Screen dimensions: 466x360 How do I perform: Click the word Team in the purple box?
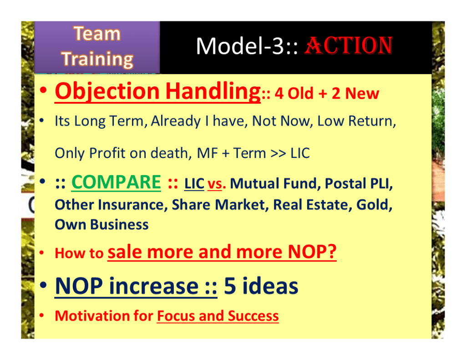(97, 33)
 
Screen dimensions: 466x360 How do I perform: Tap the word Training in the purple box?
(97, 59)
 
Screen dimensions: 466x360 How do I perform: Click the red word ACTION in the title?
(349, 46)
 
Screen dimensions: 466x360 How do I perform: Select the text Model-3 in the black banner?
(240, 46)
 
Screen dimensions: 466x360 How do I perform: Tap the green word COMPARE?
(116, 182)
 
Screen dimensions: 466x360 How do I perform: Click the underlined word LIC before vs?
(194, 184)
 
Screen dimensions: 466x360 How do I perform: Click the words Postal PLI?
(359, 183)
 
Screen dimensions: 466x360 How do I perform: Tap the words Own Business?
(101, 224)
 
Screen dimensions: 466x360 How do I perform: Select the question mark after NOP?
(332, 252)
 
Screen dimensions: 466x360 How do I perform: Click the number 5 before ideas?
(230, 286)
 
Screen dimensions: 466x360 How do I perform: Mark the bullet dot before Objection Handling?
(43, 90)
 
